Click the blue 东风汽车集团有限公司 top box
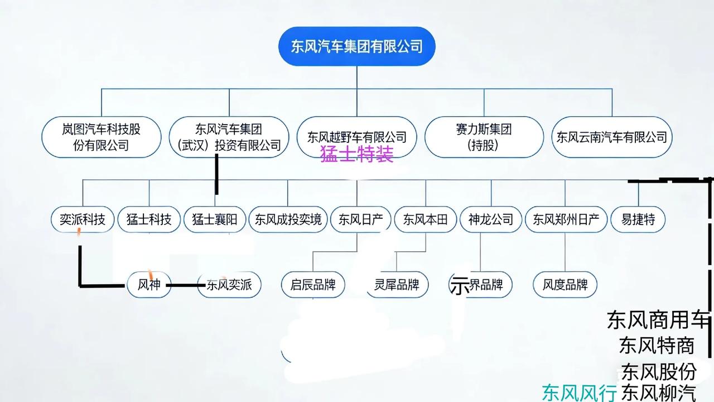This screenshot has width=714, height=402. (x=356, y=46)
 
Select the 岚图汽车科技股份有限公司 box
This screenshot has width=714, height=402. (x=102, y=137)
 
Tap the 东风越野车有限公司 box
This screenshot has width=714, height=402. (x=357, y=137)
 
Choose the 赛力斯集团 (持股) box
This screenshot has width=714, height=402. (x=484, y=137)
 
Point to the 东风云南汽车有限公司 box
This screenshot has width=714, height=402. (x=611, y=137)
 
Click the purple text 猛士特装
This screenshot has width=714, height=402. (x=357, y=154)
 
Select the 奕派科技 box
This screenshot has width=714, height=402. (x=83, y=219)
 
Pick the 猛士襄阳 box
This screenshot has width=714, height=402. (x=215, y=219)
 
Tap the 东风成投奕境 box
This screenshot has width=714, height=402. (x=288, y=219)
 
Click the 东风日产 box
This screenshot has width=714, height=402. (x=357, y=219)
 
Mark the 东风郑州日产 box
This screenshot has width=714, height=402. (x=566, y=219)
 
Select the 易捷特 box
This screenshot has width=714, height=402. (x=639, y=219)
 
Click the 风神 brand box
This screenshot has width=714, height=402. (x=149, y=285)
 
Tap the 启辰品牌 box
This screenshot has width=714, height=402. (x=313, y=285)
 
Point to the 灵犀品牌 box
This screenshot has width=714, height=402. (x=397, y=285)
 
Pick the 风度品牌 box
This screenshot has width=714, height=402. (x=565, y=285)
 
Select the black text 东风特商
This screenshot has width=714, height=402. (x=657, y=346)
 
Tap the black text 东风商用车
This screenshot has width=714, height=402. (x=658, y=320)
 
